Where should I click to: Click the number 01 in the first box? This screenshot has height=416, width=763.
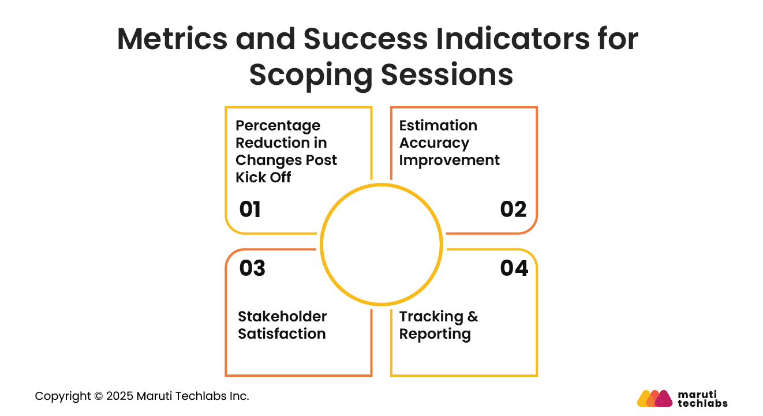click(x=250, y=209)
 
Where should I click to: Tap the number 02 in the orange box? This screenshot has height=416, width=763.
click(x=513, y=209)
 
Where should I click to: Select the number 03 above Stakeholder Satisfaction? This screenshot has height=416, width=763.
click(x=252, y=268)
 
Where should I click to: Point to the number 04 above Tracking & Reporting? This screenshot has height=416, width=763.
click(x=514, y=268)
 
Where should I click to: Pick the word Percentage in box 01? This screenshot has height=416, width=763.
click(x=278, y=126)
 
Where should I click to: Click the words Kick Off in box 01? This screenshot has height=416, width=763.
click(x=263, y=177)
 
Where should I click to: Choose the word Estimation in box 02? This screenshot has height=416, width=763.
click(x=438, y=126)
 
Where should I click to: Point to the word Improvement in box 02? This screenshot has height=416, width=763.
click(x=449, y=160)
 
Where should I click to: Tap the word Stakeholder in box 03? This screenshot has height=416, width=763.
click(x=282, y=317)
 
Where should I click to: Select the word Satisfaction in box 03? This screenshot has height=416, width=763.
click(x=282, y=334)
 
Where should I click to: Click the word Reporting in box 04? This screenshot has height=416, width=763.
click(x=435, y=334)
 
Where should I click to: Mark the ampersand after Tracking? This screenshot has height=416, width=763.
click(x=473, y=317)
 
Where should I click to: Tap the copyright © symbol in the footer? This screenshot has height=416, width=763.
click(x=98, y=396)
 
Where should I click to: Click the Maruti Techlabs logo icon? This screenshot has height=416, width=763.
click(x=654, y=398)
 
